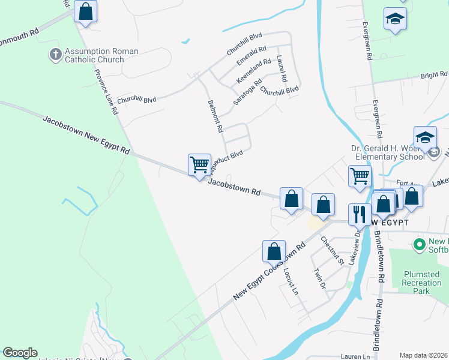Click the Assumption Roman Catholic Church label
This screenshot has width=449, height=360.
[x=101, y=56]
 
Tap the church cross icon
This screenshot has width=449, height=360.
[x=55, y=55]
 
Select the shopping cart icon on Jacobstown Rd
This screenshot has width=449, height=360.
[x=199, y=164]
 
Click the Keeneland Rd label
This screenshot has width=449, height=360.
[x=254, y=71]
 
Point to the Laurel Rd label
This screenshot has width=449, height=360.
[x=282, y=69]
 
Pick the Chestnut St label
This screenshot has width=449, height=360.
[x=331, y=251]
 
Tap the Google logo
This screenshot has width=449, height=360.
[x=20, y=353]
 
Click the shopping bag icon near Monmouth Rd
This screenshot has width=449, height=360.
[x=85, y=11]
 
